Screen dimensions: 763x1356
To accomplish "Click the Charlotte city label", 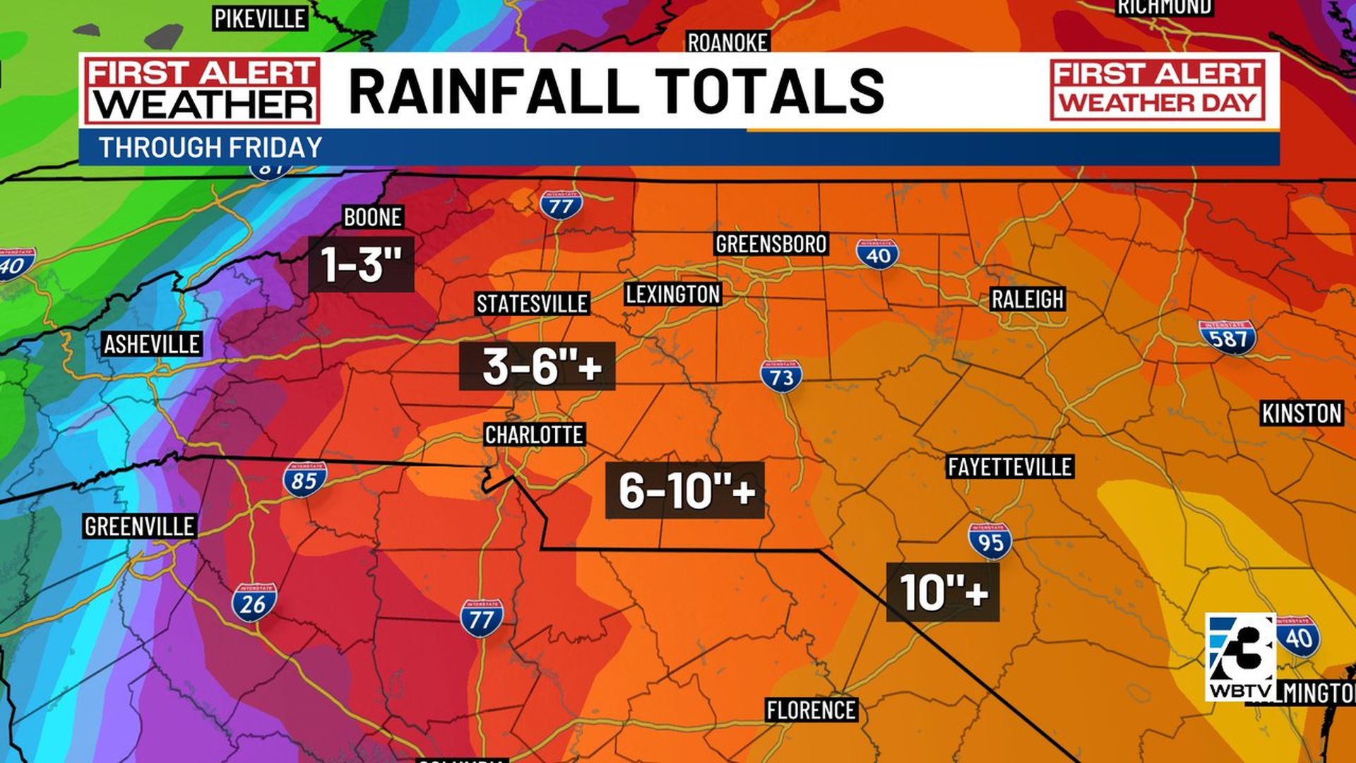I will click(x=534, y=434).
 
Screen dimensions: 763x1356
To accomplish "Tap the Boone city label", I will click(x=372, y=217).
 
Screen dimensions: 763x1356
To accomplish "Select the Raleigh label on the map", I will click(x=1027, y=299).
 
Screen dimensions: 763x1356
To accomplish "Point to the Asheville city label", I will click(x=152, y=344).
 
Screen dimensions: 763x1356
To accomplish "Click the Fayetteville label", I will click(x=1010, y=466).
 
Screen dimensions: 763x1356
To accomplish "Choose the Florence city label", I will click(x=811, y=709).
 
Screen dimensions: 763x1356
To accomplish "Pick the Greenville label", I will click(x=139, y=526).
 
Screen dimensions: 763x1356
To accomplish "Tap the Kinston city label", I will click(x=1302, y=413).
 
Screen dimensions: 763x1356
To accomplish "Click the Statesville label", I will click(x=532, y=304).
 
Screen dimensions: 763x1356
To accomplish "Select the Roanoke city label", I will click(x=727, y=42).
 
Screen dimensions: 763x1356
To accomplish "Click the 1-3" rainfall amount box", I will click(x=361, y=264).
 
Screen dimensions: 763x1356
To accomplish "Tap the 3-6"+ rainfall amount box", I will click(x=537, y=366).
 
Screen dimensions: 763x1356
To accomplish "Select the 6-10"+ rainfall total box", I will click(x=685, y=490).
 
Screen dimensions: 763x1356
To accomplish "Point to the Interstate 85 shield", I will click(x=305, y=480).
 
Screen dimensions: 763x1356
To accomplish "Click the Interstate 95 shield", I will click(x=990, y=541).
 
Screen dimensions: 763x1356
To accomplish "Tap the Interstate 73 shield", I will click(x=781, y=377).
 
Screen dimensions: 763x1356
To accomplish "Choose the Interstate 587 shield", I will click(x=1227, y=337).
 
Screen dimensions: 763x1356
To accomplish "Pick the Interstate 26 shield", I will click(x=254, y=602).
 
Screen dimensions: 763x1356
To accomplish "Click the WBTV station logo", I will click(x=1241, y=658).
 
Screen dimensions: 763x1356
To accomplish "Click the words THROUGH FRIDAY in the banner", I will click(x=210, y=148).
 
